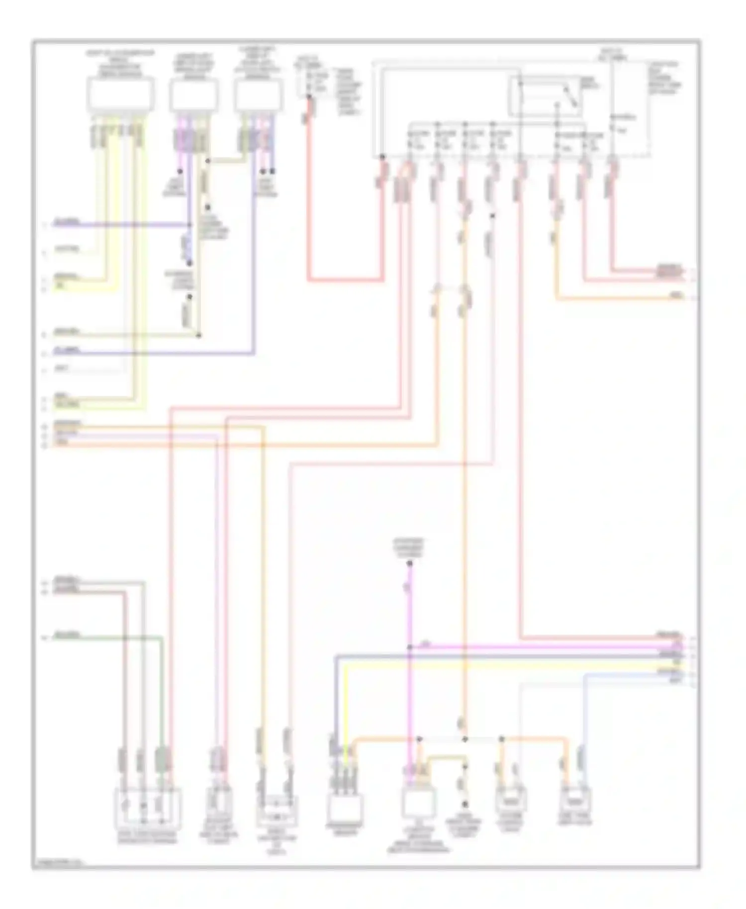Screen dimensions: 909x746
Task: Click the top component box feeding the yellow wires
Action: pyautogui.click(x=120, y=94)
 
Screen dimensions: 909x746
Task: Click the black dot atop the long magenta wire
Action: pyautogui.click(x=409, y=563)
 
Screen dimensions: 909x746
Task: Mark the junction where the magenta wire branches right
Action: pyautogui.click(x=409, y=647)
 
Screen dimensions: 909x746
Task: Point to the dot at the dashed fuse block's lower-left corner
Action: pyautogui.click(x=382, y=157)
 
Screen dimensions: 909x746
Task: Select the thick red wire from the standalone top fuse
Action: pyautogui.click(x=343, y=280)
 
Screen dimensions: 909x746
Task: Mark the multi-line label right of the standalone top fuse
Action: pyautogui.click(x=349, y=92)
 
